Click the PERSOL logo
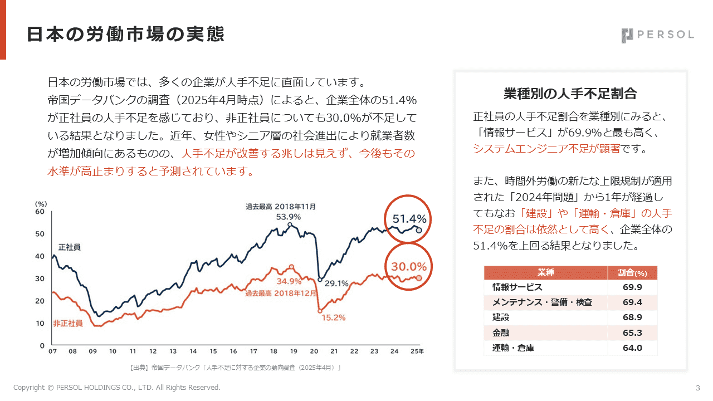tap(657, 35)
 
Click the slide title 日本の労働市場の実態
tap(125, 35)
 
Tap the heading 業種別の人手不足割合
tap(570, 93)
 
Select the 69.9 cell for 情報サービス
tap(632, 287)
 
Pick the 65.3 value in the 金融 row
tap(632, 333)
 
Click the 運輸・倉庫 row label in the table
tap(513, 348)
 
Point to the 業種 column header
tap(545, 273)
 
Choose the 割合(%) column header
tap(632, 273)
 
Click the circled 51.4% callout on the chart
tap(409, 219)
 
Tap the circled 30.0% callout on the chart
tap(409, 267)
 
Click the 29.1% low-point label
tap(336, 283)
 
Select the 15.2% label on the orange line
tap(333, 318)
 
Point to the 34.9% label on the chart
tap(289, 281)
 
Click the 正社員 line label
tap(70, 247)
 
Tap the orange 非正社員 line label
tap(68, 323)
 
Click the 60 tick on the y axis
tap(40, 212)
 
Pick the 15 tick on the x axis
tap(213, 351)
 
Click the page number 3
tap(698, 388)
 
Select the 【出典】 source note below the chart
tap(235, 368)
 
